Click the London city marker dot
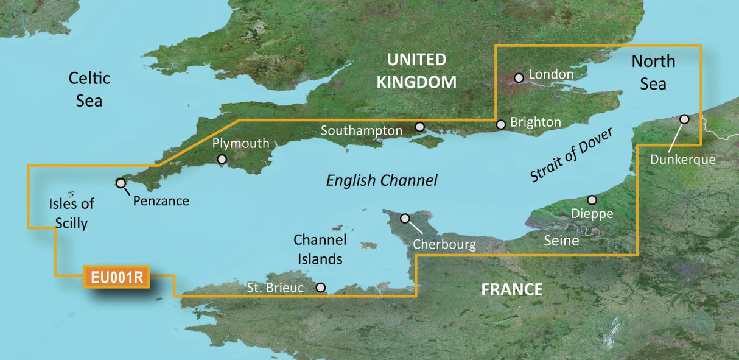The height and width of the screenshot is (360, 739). coord(519,77)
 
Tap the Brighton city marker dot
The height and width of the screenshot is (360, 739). coord(501,124)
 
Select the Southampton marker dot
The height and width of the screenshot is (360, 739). coord(419,127)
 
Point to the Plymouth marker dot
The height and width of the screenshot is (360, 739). coord(222,159)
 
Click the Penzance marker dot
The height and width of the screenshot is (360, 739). coord(121,183)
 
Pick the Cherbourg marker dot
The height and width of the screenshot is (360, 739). coord(405,218)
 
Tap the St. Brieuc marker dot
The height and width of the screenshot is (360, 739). coord(321,287)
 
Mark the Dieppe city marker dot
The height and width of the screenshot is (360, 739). coord(591,200)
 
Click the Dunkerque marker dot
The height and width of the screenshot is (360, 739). coord(685,119)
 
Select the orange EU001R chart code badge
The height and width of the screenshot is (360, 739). coord(117,278)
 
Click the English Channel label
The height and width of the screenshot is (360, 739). coord(382,180)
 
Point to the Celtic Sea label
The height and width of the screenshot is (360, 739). coord(89,88)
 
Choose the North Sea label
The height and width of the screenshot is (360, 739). coord(653,72)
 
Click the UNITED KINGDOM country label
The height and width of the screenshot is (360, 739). coord(416,71)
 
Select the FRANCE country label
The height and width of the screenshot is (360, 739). coord(511,289)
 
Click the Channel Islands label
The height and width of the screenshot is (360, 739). coord(320,249)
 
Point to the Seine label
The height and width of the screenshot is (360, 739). coord(560,241)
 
